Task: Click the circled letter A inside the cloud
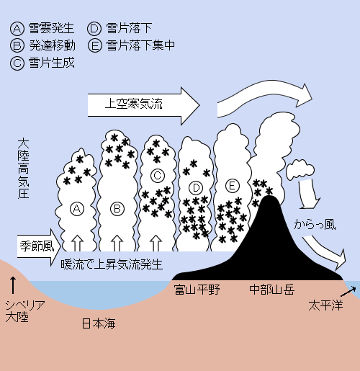(x=77, y=209)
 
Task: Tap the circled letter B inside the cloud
(x=117, y=209)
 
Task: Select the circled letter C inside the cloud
(x=158, y=176)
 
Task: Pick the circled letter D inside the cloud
(x=196, y=188)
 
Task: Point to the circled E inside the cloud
(x=232, y=186)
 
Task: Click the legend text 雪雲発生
(x=51, y=28)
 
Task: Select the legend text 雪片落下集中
(x=140, y=45)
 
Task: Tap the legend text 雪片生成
(x=51, y=63)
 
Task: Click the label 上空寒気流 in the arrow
(x=134, y=104)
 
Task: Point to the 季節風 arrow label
(x=37, y=246)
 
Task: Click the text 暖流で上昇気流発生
(x=112, y=264)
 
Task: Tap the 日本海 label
(x=99, y=323)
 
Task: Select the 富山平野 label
(x=197, y=289)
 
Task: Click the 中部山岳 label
(x=272, y=289)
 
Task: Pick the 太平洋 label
(x=325, y=305)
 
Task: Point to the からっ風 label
(x=315, y=225)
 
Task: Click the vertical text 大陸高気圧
(x=23, y=169)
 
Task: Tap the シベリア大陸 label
(x=25, y=311)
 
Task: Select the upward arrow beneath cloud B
(x=117, y=243)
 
